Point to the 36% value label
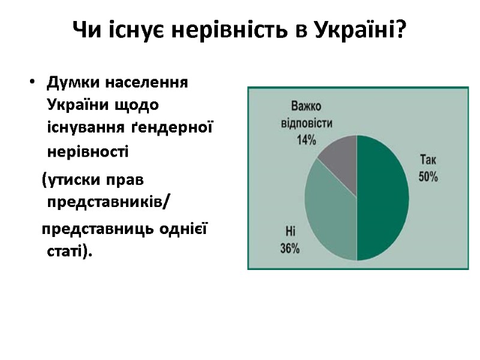click(x=290, y=248)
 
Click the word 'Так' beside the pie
click(x=428, y=160)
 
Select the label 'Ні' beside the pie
click(x=290, y=230)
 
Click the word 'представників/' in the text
click(x=108, y=202)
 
